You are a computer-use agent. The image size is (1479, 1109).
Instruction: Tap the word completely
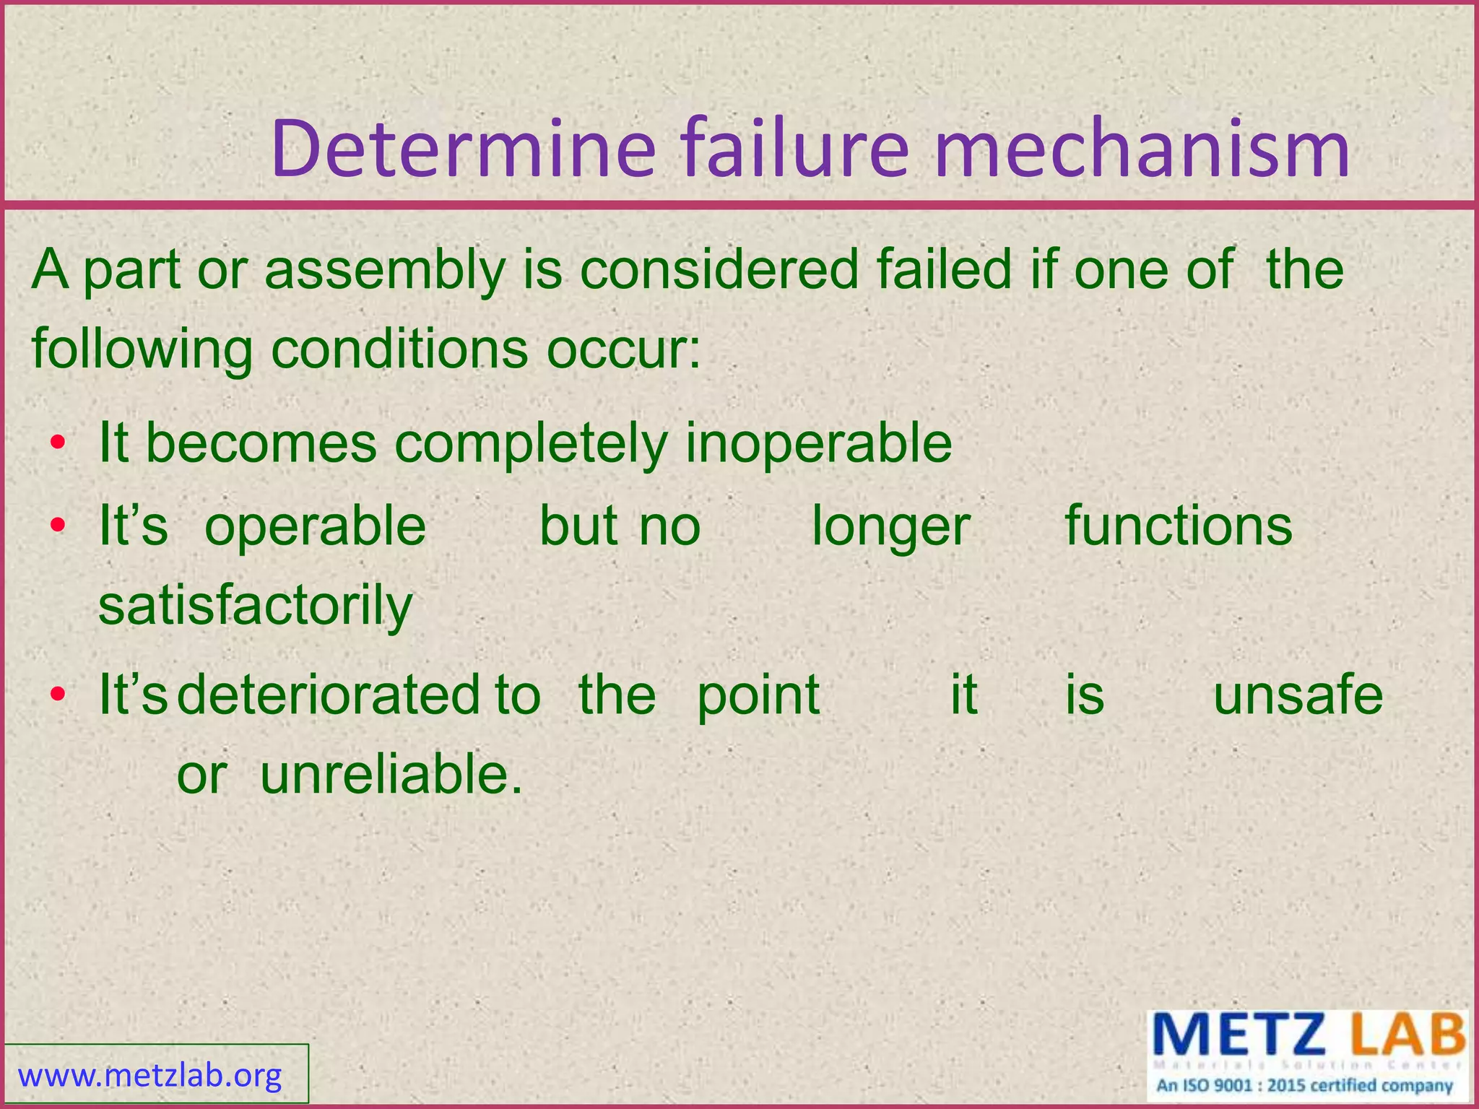[x=531, y=444]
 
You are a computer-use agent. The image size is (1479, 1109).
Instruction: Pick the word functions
[x=1179, y=526]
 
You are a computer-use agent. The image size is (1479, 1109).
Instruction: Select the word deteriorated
[x=328, y=695]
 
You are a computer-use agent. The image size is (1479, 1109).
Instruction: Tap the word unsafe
[x=1298, y=695]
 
